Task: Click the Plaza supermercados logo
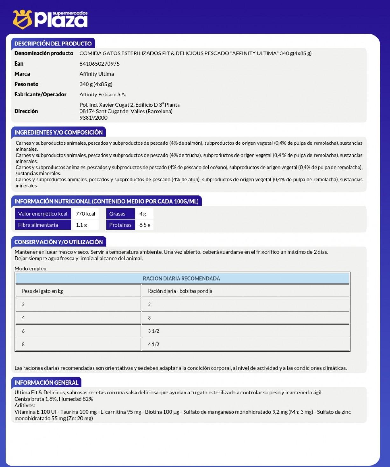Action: point(50,19)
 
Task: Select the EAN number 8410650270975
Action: point(100,64)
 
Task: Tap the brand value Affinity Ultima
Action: point(97,74)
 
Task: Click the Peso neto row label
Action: point(26,84)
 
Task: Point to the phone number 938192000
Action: point(94,118)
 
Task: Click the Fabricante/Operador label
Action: point(40,94)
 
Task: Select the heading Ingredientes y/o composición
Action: point(59,132)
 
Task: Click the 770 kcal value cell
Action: point(86,214)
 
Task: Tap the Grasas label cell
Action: point(117,214)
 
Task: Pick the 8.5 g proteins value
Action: point(145,225)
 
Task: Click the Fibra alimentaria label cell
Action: point(38,225)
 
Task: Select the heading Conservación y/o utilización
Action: point(59,242)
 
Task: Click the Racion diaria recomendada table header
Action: point(182,278)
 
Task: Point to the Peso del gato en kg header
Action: point(43,291)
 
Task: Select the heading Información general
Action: point(46,383)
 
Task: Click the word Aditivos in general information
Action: point(24,406)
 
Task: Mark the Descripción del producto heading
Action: point(53,44)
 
